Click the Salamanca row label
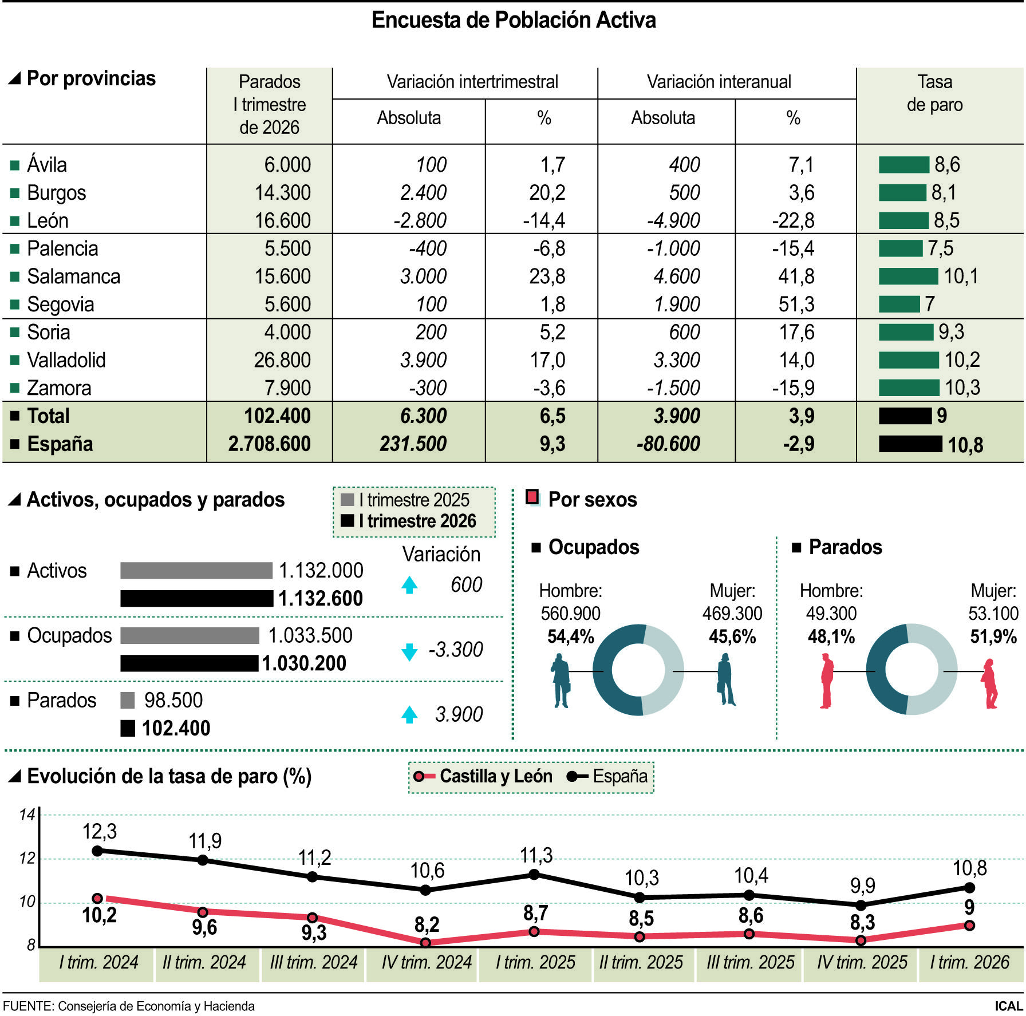[73, 276]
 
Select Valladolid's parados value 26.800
[282, 360]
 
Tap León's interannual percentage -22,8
[793, 220]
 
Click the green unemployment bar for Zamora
[909, 388]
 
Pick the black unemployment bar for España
[910, 444]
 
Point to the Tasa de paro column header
[934, 93]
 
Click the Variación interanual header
[719, 82]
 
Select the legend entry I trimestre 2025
[405, 500]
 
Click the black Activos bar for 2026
[196, 598]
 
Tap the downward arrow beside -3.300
[409, 651]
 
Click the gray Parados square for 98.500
[128, 700]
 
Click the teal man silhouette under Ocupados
[561, 681]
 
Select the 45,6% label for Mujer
[732, 637]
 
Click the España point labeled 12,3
[97, 851]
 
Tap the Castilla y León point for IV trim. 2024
[425, 942]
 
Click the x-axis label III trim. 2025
[750, 962]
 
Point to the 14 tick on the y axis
[27, 815]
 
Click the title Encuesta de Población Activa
[514, 20]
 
